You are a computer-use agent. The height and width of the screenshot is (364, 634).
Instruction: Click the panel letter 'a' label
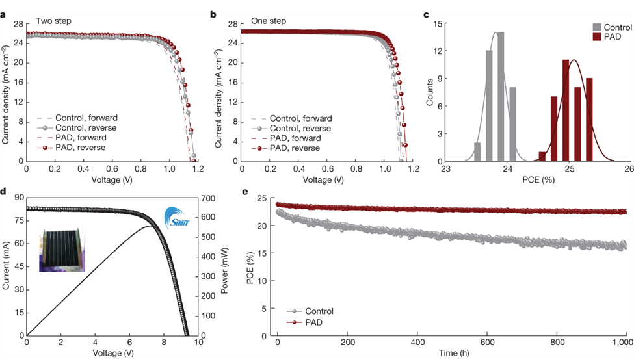point(5,14)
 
